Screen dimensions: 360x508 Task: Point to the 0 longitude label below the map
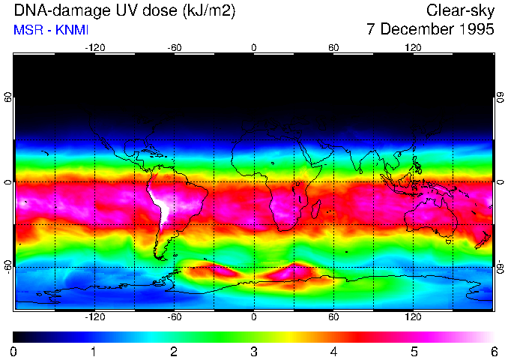(254, 316)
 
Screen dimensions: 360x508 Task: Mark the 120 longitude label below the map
(414, 316)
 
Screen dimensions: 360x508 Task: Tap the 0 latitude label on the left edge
(8, 182)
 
